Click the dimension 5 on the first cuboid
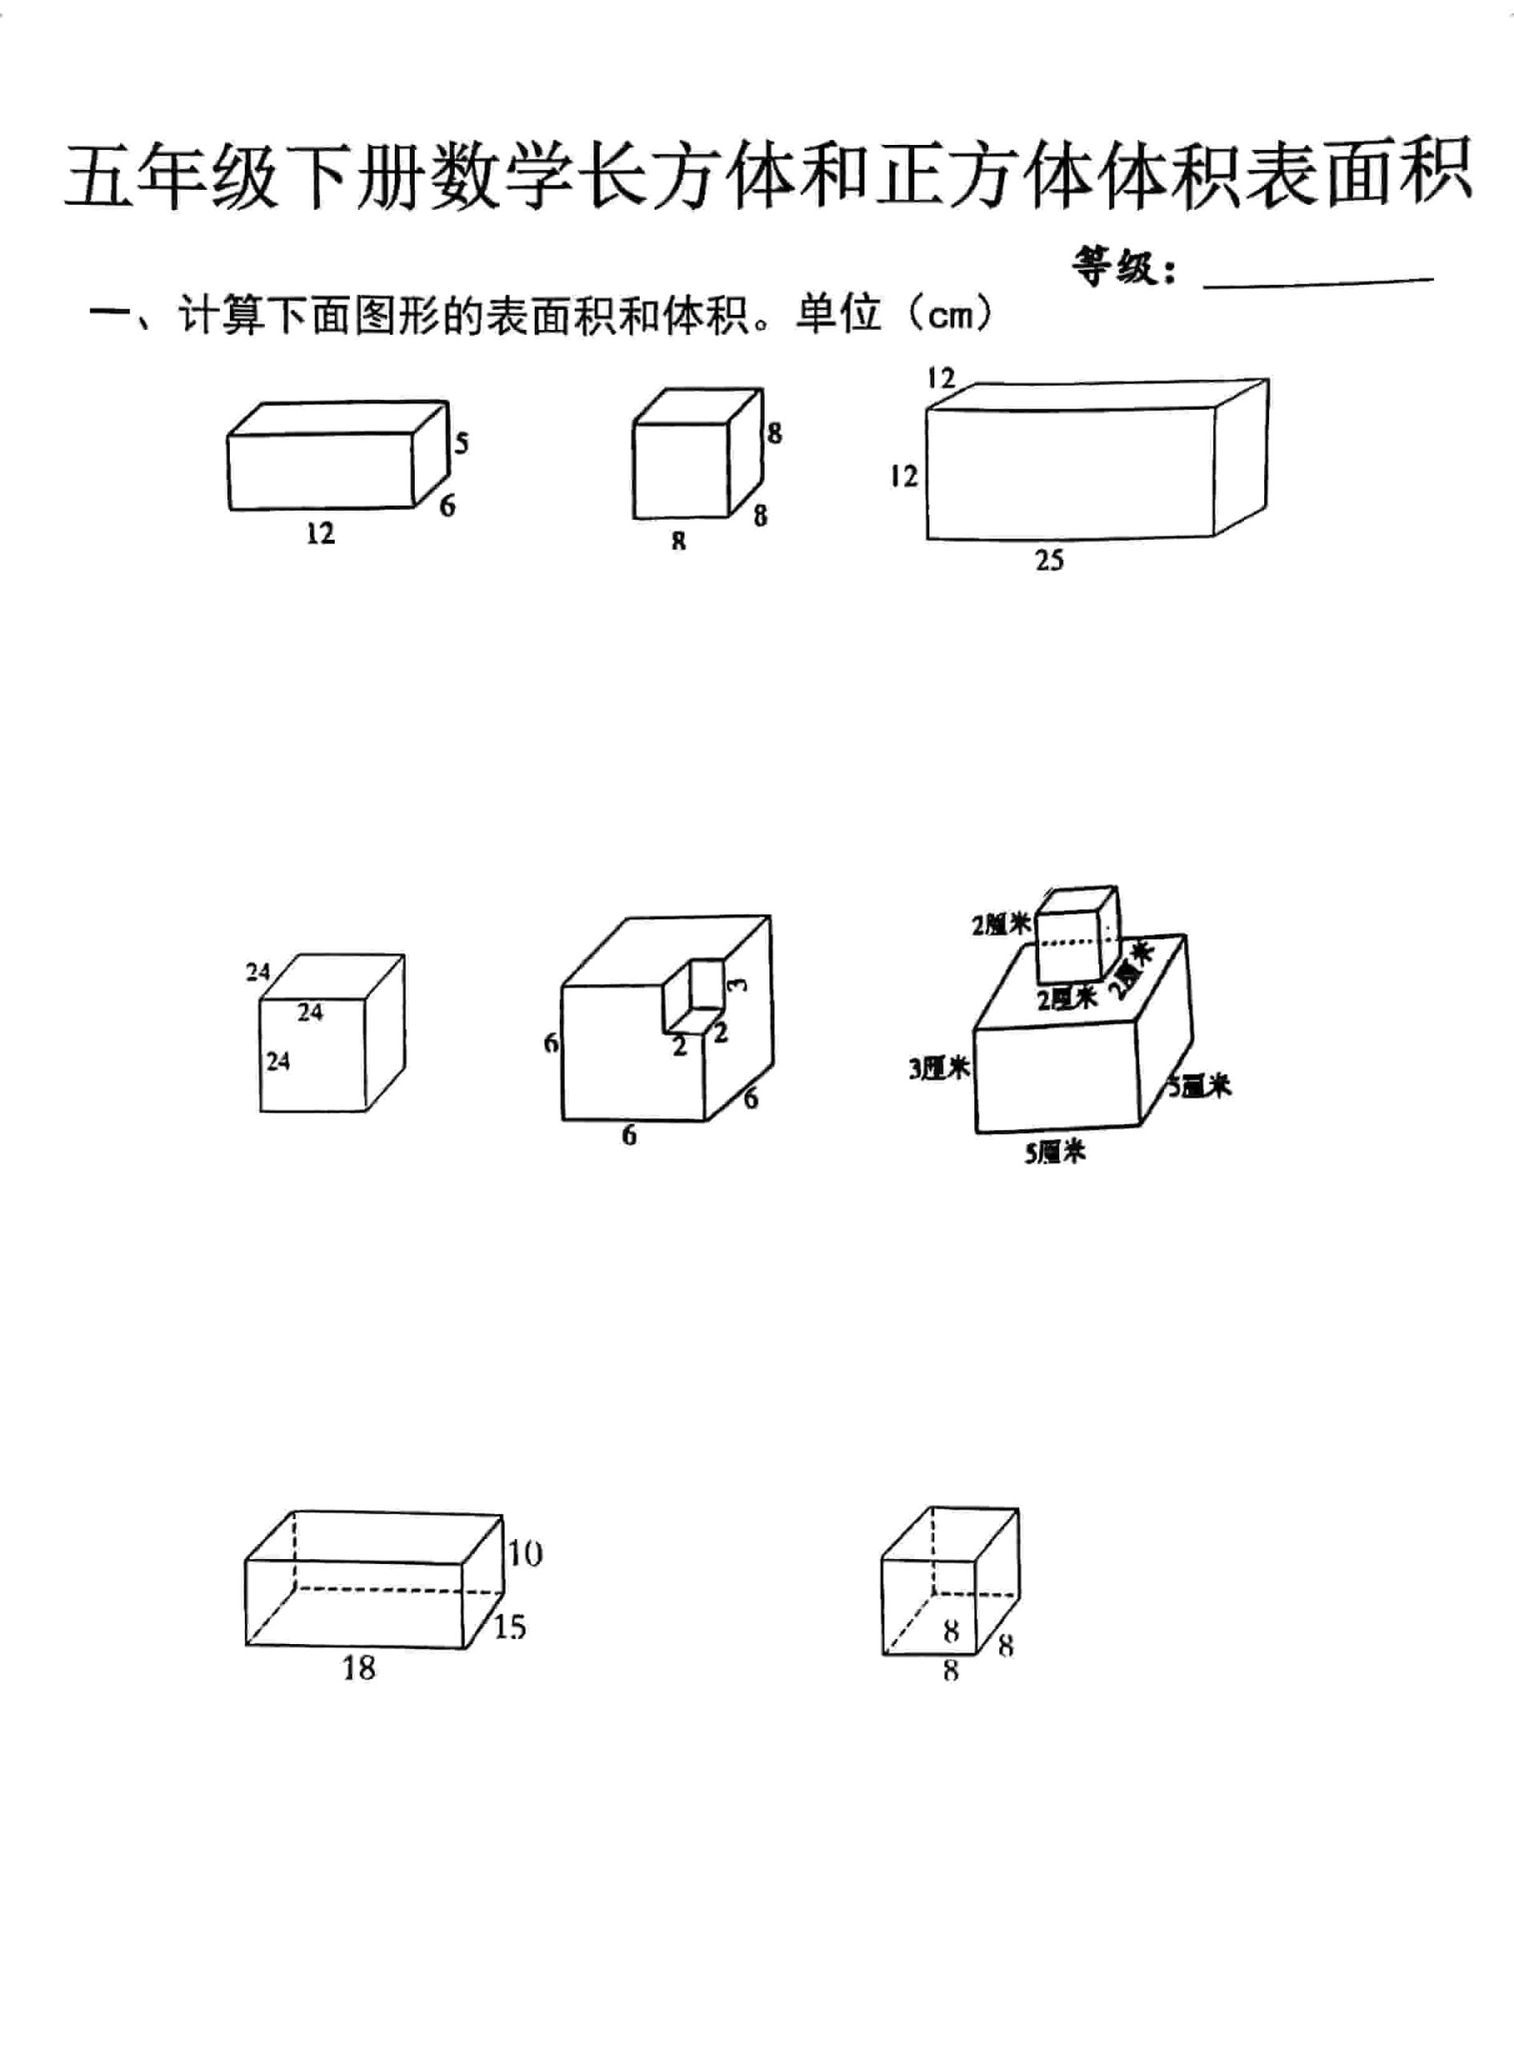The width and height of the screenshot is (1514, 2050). click(x=461, y=444)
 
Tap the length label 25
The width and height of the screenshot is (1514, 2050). click(x=1050, y=560)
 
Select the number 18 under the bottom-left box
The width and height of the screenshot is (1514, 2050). click(x=359, y=1669)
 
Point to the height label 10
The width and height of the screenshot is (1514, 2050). click(x=525, y=1554)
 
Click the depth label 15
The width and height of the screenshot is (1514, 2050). click(x=509, y=1626)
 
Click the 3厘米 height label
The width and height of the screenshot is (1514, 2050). click(x=938, y=1068)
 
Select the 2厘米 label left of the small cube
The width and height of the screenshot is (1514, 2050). click(x=1001, y=926)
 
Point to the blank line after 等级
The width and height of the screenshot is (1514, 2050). click(x=1317, y=282)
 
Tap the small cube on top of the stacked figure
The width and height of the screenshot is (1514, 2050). click(x=1076, y=935)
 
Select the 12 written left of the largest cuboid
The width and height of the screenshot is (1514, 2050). click(x=903, y=476)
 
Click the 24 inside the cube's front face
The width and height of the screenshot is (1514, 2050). click(x=278, y=1061)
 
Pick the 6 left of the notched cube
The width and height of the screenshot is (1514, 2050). click(x=551, y=1043)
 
